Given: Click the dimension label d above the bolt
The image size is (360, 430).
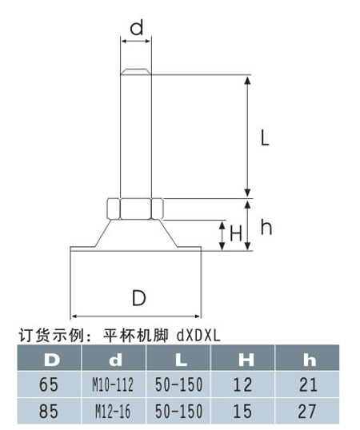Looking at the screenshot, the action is click(x=137, y=28).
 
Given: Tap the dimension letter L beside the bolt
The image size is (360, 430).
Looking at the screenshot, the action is click(x=265, y=137).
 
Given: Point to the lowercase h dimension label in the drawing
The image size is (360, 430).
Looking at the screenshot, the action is click(x=266, y=227).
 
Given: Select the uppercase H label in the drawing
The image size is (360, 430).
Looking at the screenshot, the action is click(x=236, y=234).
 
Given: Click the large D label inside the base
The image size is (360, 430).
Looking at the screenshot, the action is click(x=139, y=298).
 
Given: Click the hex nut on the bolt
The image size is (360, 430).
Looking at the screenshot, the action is click(x=135, y=209).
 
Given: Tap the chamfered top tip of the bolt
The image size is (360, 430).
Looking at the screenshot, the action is click(x=136, y=71).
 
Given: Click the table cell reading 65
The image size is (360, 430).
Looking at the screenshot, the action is click(x=50, y=384).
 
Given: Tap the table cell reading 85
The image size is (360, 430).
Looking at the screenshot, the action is click(x=50, y=411).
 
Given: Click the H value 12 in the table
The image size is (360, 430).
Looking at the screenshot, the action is click(x=243, y=384).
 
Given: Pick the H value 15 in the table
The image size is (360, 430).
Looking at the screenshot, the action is click(x=243, y=411).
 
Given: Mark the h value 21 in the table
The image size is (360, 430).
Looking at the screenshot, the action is click(x=307, y=384).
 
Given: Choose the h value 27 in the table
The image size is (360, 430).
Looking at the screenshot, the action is click(x=307, y=411).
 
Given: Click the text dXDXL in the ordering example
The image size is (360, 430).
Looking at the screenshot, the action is click(x=198, y=336).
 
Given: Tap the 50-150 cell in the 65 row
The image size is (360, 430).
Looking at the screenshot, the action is click(x=179, y=384).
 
